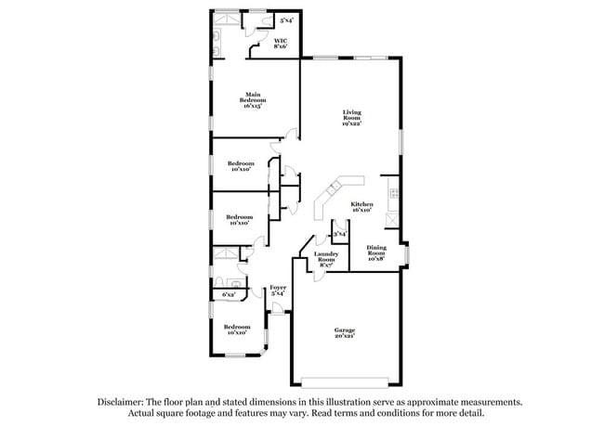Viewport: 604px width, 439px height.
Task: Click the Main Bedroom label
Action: click(253, 96)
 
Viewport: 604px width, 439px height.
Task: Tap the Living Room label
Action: click(351, 114)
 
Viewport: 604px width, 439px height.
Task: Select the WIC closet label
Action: click(280, 40)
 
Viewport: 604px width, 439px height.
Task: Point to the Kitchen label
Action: click(361, 204)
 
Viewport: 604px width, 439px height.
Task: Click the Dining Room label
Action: click(375, 250)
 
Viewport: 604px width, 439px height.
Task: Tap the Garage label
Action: click(345, 329)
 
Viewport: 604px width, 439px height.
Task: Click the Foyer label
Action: click(278, 288)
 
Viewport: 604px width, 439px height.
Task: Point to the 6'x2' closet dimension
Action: click(229, 294)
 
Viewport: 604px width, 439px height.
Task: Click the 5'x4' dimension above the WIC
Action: click(287, 19)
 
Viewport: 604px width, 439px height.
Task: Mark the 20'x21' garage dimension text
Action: click(345, 336)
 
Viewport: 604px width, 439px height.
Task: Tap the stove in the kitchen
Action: click(393, 194)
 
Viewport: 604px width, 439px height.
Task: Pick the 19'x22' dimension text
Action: click(351, 124)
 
